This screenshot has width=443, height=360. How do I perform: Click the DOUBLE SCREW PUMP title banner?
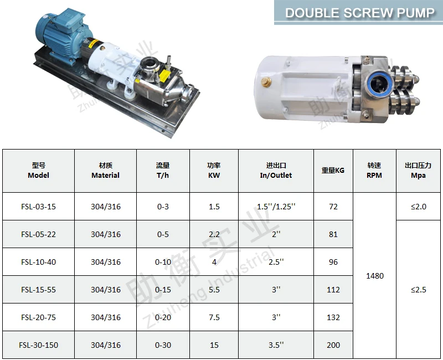pyautogui.click(x=358, y=12)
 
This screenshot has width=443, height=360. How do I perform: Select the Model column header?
pyautogui.click(x=38, y=171)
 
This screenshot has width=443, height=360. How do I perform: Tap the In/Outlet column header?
pyautogui.click(x=276, y=171)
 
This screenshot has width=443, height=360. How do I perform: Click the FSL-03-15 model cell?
pyautogui.click(x=38, y=207)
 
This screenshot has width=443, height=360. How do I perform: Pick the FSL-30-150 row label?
pyautogui.click(x=38, y=345)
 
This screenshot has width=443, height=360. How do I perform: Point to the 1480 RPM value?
pyautogui.click(x=375, y=276)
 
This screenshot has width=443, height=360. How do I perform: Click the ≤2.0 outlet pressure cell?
pyautogui.click(x=419, y=207)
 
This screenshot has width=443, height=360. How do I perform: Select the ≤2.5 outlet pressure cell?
pyautogui.click(x=419, y=290)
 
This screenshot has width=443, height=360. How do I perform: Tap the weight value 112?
pyautogui.click(x=333, y=290)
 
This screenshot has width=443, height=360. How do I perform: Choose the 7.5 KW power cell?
pyautogui.click(x=214, y=317)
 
